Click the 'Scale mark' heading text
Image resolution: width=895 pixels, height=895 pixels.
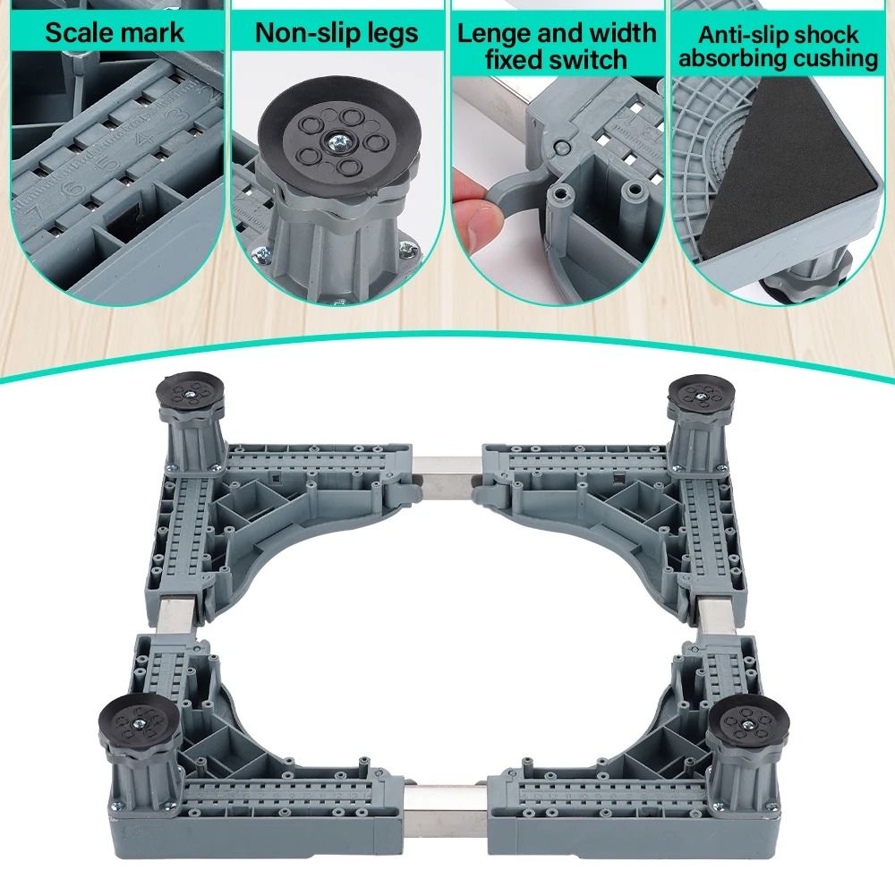point(115,33)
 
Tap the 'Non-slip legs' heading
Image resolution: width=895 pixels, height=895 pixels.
point(337,33)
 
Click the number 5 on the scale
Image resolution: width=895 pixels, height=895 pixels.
point(109,162)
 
